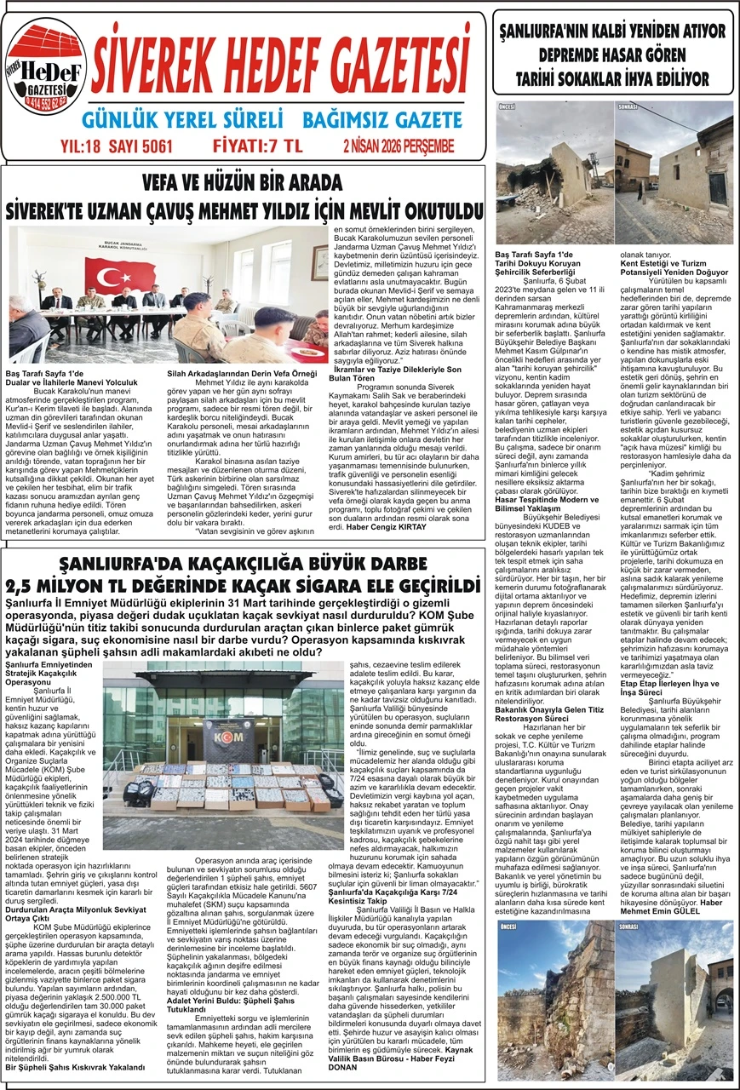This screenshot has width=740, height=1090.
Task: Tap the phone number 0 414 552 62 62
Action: pyautogui.click(x=48, y=106)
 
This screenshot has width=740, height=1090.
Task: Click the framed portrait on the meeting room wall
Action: pyautogui.click(x=319, y=262)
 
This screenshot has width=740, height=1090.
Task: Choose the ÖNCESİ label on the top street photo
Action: pyautogui.click(x=508, y=107)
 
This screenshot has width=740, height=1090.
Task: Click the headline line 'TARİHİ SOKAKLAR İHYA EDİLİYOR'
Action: pyautogui.click(x=611, y=79)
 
